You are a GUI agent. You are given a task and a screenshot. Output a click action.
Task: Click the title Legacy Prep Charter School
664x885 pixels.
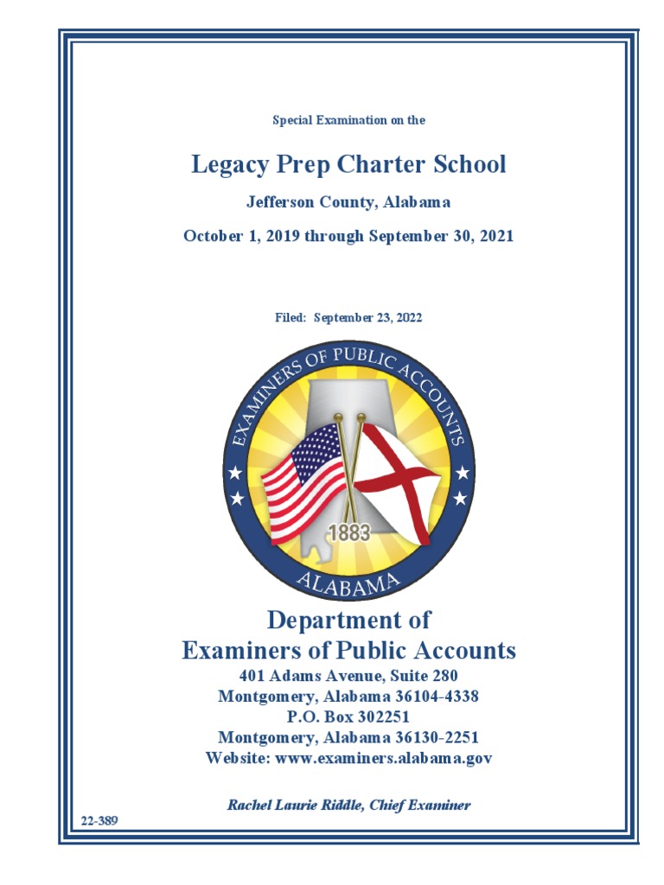click(348, 165)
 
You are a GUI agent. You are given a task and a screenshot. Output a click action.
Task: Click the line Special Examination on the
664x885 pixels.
click(348, 120)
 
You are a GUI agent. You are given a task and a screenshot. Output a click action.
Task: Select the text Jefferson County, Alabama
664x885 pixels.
click(348, 203)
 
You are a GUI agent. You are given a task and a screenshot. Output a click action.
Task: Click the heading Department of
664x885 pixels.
click(348, 621)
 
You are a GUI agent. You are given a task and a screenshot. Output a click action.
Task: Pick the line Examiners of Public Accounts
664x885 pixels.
click(348, 651)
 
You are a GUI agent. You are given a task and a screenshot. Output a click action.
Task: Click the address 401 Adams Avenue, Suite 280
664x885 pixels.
click(348, 675)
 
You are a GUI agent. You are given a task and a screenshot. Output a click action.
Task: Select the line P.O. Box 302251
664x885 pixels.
click(348, 717)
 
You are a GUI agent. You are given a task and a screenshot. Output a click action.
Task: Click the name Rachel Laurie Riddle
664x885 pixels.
click(295, 805)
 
